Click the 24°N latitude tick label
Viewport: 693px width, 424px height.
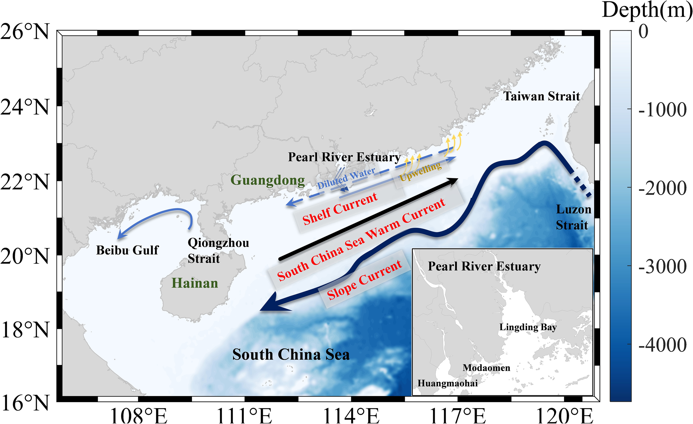(x=25, y=107)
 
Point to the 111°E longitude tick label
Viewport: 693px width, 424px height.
(x=244, y=415)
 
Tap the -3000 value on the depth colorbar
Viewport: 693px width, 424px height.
(x=663, y=266)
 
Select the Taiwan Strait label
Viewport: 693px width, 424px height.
(x=541, y=96)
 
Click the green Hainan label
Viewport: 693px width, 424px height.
(x=195, y=283)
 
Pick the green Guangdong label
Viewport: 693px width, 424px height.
(x=267, y=180)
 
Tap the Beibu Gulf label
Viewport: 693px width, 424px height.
(x=128, y=250)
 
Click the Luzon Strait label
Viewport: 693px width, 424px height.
(x=573, y=217)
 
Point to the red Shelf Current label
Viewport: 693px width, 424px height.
(x=340, y=209)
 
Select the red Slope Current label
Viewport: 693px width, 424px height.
(x=365, y=280)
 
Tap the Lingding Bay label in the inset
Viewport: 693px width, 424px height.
(x=528, y=327)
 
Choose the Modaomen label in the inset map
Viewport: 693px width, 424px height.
(x=486, y=368)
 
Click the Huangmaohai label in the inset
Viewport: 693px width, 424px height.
(x=447, y=383)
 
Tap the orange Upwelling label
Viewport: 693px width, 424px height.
(x=421, y=171)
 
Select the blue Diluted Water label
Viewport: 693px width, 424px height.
(x=346, y=178)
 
